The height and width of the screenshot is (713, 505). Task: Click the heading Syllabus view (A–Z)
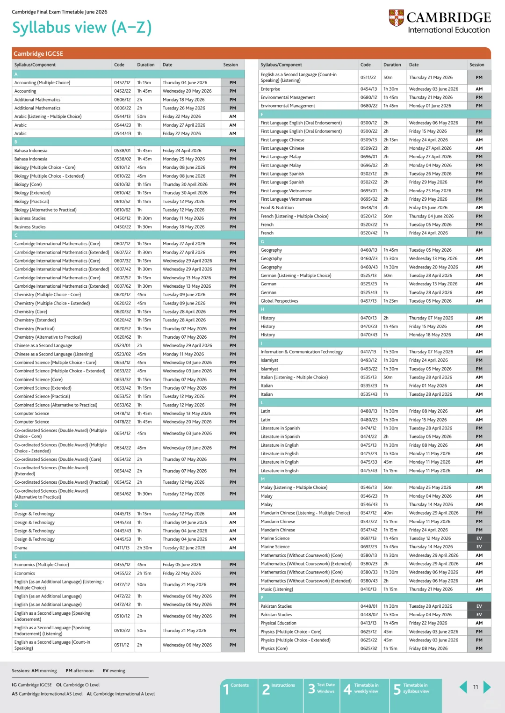(82, 28)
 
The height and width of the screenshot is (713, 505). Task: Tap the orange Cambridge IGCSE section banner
(251, 53)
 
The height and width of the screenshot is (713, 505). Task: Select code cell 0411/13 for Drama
(123, 548)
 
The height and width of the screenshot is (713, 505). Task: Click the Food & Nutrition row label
(277, 208)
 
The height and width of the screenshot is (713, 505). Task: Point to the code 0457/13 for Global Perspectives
(368, 301)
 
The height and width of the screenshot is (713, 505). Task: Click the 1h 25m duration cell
(391, 301)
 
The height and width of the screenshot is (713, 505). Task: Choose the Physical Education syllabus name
(279, 623)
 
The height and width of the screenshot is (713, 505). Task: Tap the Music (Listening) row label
(277, 589)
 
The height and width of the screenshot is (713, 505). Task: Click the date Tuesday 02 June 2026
(184, 548)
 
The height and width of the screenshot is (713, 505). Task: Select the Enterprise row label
(270, 89)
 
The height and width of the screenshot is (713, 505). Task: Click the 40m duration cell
(388, 513)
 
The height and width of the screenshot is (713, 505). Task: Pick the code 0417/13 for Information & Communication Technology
(368, 352)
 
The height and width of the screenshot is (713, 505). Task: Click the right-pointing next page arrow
(487, 687)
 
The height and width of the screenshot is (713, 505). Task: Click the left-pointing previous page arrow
(463, 687)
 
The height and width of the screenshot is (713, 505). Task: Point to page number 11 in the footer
(476, 687)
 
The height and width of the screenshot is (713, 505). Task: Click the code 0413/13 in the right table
(368, 623)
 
